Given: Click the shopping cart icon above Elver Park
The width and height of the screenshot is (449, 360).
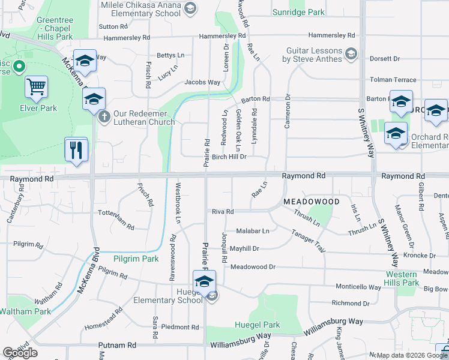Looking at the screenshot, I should (37, 88).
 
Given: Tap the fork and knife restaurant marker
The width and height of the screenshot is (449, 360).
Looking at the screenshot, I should (76, 149).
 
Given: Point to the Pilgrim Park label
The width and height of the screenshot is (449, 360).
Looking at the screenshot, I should (136, 259).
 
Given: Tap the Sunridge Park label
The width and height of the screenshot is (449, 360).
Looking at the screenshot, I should (298, 12).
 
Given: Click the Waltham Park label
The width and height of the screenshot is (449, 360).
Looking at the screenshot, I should (25, 311).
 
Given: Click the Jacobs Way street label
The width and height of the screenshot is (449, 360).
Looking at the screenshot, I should (202, 82).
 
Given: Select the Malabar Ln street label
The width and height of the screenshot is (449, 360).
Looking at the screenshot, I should (253, 230).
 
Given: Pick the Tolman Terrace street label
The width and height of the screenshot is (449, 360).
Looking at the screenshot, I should (393, 79).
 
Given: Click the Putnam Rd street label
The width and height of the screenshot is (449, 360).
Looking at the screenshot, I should (117, 345).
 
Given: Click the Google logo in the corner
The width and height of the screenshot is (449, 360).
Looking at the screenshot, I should (20, 353).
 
